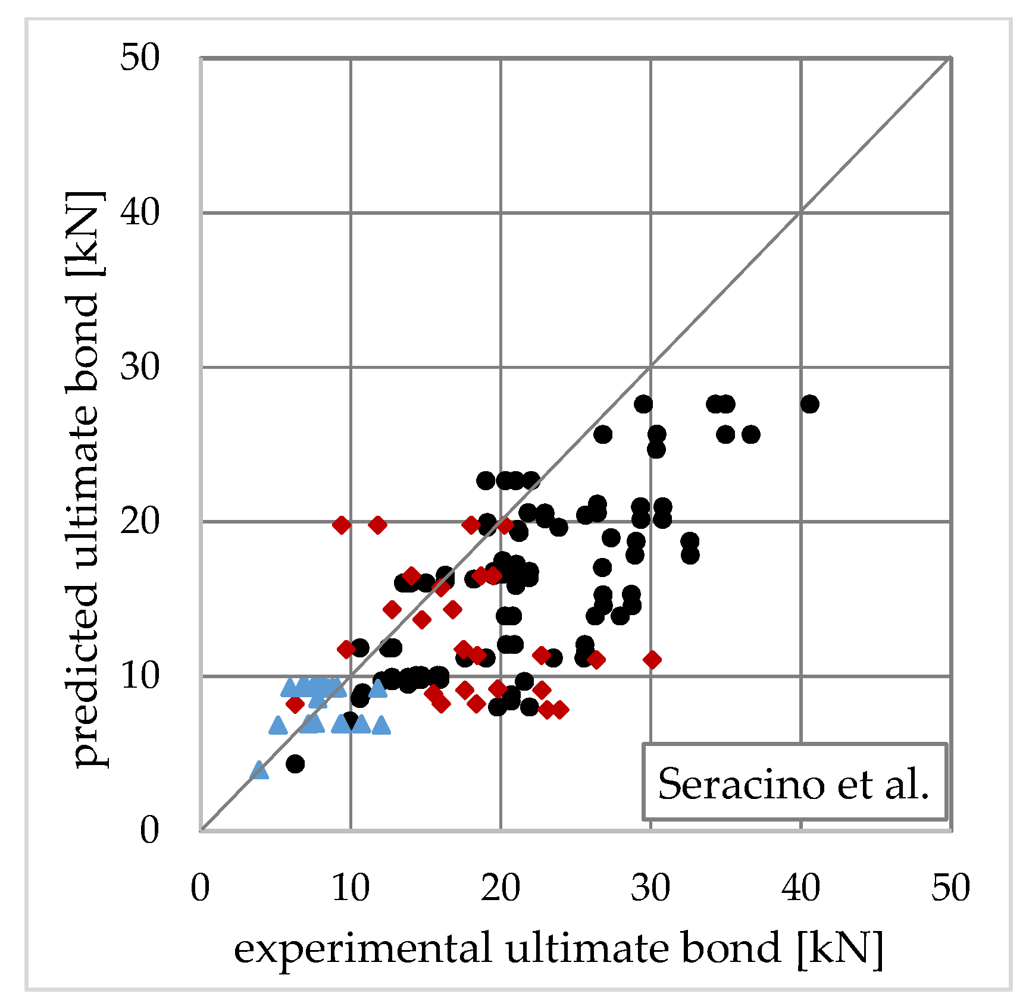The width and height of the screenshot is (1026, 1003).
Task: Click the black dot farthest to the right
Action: [x=809, y=404]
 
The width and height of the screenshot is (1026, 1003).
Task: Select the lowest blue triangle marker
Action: [x=259, y=770]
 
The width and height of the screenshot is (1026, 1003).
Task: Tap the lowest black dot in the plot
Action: [x=295, y=763]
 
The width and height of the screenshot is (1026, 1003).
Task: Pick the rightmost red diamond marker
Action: [x=652, y=660]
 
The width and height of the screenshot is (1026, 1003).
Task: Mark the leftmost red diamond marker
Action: [x=295, y=704]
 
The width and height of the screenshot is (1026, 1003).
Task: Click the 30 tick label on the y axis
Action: [x=140, y=367]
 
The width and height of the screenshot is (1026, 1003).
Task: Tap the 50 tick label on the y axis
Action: [x=140, y=58]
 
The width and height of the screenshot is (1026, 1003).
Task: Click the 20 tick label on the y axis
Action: [x=140, y=522]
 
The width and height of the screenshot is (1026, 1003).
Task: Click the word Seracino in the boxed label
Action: [x=742, y=784]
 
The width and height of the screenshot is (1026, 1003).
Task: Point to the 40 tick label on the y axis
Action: [x=140, y=212]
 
